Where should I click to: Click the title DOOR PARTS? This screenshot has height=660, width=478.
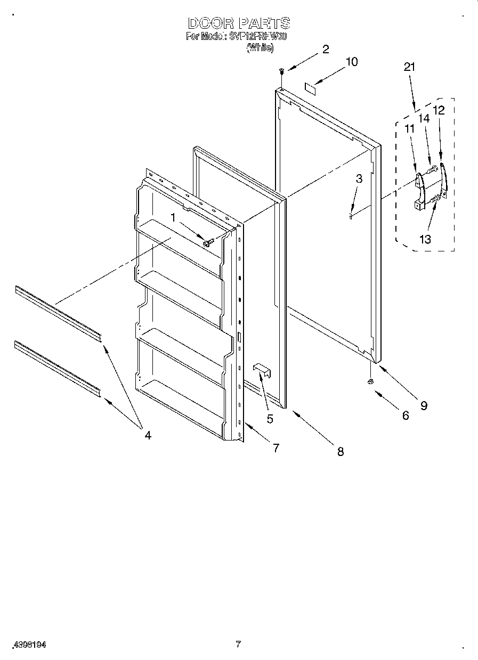point(239,23)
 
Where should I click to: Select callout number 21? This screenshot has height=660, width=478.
point(409,67)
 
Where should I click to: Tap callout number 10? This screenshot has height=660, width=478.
point(351,62)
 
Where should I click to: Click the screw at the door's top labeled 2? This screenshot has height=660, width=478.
point(281,70)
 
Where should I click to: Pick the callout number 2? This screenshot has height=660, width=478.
point(325,49)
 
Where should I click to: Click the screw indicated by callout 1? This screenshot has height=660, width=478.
point(207,242)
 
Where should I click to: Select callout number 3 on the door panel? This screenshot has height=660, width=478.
point(359,179)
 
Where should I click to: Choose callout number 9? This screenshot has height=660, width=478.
point(424,405)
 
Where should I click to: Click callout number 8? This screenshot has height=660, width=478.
point(340,451)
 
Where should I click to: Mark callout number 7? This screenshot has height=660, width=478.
point(276,448)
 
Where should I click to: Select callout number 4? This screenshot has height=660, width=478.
point(148,435)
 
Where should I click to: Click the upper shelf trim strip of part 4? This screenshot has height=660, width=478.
point(58,313)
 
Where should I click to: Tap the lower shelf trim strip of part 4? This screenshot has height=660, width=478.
point(58,369)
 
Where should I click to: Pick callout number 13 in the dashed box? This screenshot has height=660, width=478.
point(425,239)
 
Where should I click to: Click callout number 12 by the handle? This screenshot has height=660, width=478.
point(439,110)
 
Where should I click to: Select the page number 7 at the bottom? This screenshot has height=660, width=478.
point(238,644)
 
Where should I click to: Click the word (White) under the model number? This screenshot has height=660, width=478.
point(260,47)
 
